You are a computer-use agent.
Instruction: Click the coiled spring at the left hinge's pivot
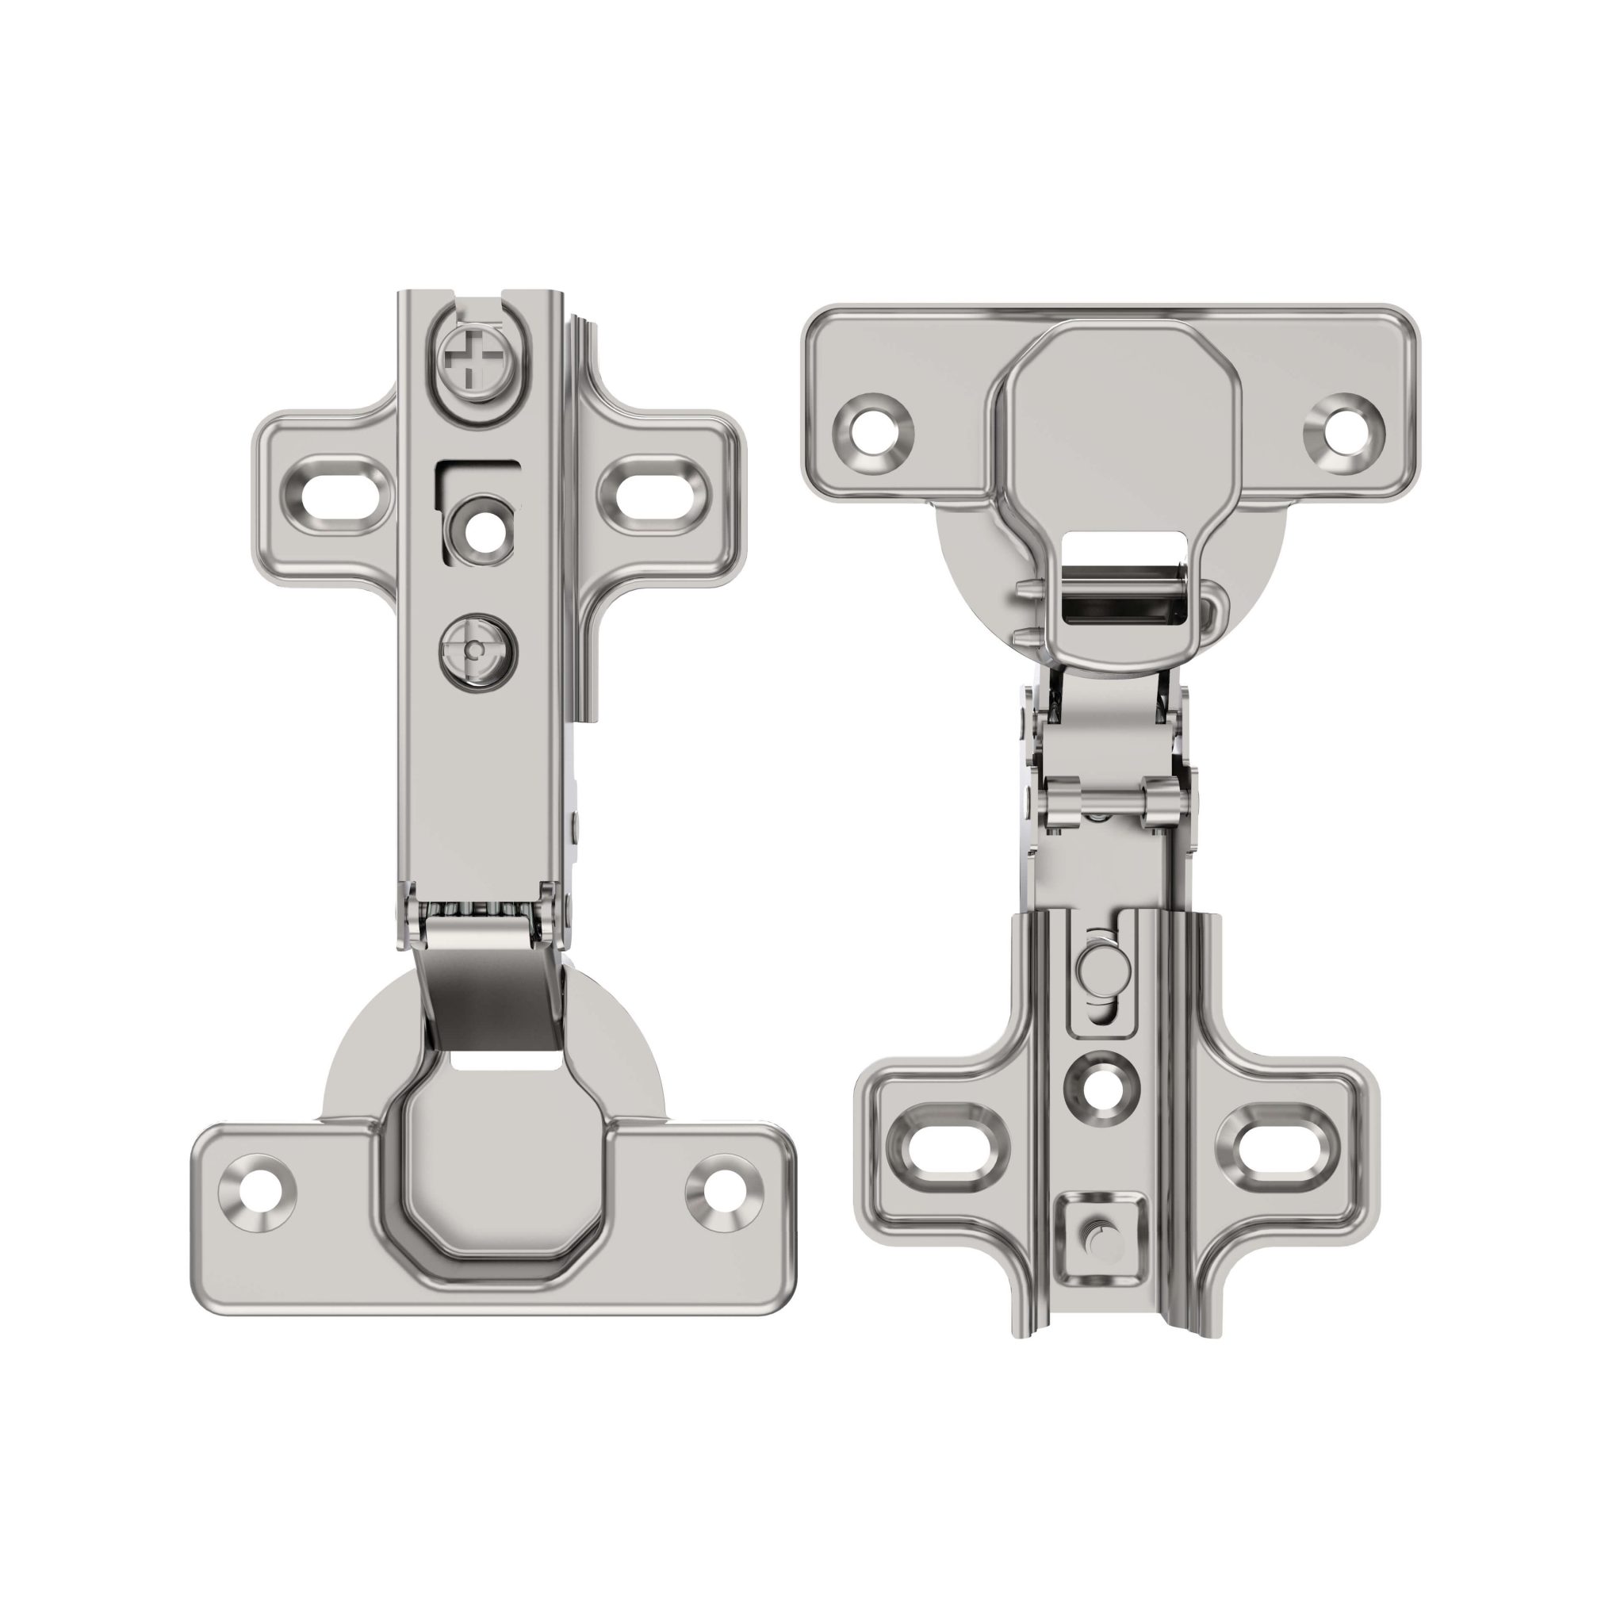tap(477, 910)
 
